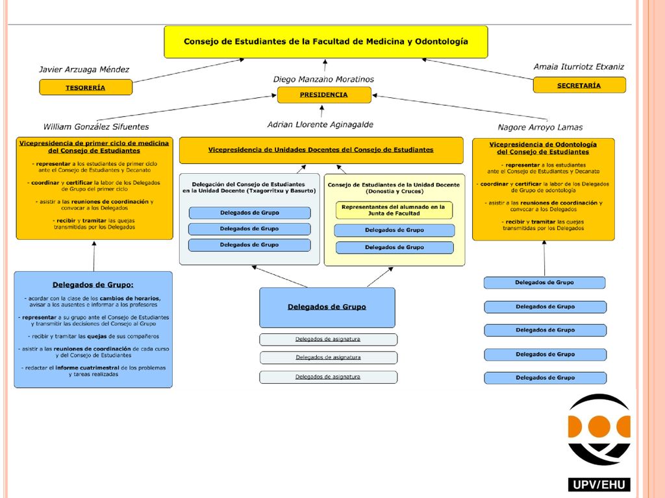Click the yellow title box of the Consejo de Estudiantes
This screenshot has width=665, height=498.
(326, 42)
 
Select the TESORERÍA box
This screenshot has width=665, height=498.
(86, 88)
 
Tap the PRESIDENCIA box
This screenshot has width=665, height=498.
(324, 95)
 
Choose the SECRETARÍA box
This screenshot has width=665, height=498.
(579, 85)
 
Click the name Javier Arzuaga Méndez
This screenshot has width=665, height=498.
(84, 69)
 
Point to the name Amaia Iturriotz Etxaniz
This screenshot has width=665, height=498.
(579, 67)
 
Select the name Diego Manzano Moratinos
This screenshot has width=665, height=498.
(323, 79)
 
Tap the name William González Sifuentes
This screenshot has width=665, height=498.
(96, 126)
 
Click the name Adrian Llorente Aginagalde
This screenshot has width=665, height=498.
(320, 124)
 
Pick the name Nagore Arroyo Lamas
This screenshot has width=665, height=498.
(540, 127)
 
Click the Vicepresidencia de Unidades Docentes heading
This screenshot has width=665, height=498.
(321, 150)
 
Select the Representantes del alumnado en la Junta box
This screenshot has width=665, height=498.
(394, 210)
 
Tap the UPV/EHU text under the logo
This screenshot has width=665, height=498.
(599, 484)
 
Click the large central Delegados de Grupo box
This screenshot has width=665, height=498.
(327, 307)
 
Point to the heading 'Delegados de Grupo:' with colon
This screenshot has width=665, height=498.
(93, 285)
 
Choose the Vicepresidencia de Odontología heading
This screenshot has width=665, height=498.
(543, 148)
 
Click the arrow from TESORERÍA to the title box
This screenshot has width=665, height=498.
(189, 70)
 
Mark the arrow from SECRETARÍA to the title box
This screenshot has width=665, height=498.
(477, 69)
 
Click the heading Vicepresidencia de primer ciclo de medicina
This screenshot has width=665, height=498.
(94, 147)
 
